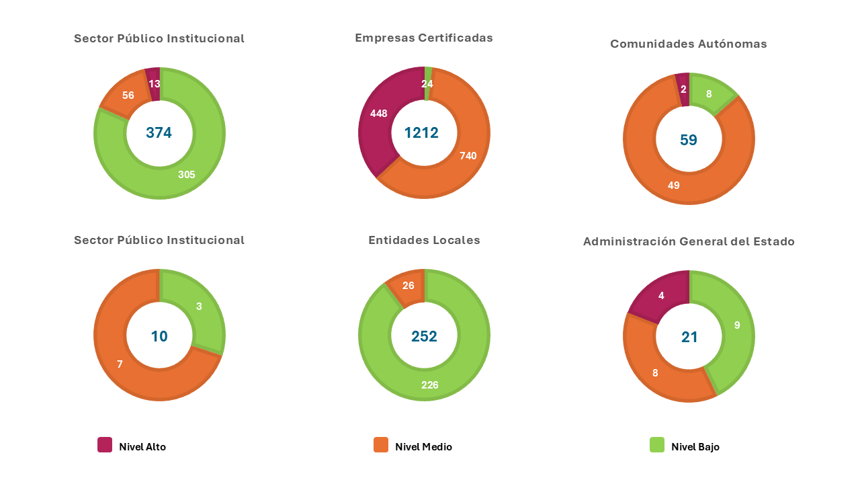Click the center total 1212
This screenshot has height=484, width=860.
(421, 133)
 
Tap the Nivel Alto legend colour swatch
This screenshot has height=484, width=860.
(105, 445)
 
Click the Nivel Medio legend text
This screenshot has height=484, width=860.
(423, 447)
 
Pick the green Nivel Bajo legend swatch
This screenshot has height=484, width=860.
(657, 445)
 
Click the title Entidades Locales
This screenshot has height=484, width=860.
(424, 240)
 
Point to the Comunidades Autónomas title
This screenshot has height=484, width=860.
(688, 44)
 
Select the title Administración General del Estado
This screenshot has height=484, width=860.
(689, 241)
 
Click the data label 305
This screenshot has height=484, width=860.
(186, 175)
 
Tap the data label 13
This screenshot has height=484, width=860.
(155, 84)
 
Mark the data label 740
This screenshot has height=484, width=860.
(468, 156)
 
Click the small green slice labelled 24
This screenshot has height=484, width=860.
(428, 74)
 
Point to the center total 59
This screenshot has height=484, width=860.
(689, 140)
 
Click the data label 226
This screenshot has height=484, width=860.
(429, 385)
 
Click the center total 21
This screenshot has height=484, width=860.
(689, 337)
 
